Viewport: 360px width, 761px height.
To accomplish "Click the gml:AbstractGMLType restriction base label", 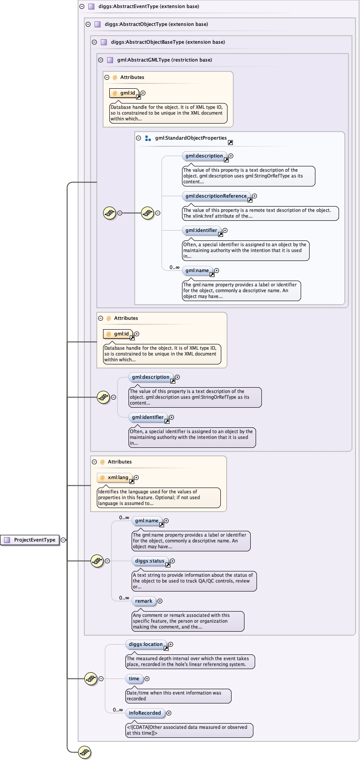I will coord(164,60).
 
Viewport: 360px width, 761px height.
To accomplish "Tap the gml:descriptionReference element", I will coord(216,196).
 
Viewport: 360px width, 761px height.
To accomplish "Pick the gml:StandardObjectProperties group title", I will coord(190,138).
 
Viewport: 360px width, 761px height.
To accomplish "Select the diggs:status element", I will coord(149,561).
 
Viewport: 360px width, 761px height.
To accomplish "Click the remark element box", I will coord(144,601).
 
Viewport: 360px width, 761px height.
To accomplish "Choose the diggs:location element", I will coord(145,644).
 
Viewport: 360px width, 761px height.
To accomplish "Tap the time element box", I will coord(134,678).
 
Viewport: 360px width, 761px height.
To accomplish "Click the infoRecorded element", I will coord(145,713).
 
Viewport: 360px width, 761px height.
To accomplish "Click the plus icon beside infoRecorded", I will coord(169,713).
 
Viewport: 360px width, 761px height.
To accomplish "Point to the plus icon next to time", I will coord(147,678).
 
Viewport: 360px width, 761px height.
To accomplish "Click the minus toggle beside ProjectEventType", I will coord(63,540).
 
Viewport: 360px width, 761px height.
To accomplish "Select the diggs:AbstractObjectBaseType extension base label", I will coord(168,42).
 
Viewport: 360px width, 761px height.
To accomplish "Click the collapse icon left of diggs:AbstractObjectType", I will coord(88,24).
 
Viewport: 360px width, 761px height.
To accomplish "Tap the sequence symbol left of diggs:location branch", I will coord(91,678).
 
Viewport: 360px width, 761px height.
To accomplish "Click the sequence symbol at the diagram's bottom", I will coord(84,752).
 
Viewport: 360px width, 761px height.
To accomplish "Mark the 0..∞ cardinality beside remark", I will coord(124,598).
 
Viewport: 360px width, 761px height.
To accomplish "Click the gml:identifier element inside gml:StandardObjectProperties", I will coord(201,230).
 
